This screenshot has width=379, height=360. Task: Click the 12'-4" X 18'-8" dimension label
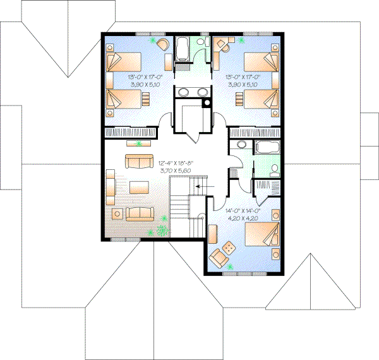coord(172,163)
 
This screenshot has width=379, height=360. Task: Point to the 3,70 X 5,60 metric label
coord(172,170)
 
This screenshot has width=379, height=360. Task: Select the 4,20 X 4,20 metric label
coord(242,219)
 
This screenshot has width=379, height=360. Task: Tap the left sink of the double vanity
coord(184,92)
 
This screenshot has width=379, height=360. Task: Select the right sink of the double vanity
coord(203,92)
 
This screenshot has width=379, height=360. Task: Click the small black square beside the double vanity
coord(207,102)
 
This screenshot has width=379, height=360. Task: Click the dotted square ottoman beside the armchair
coord(230,249)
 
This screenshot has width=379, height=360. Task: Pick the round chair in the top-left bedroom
coord(162,44)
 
